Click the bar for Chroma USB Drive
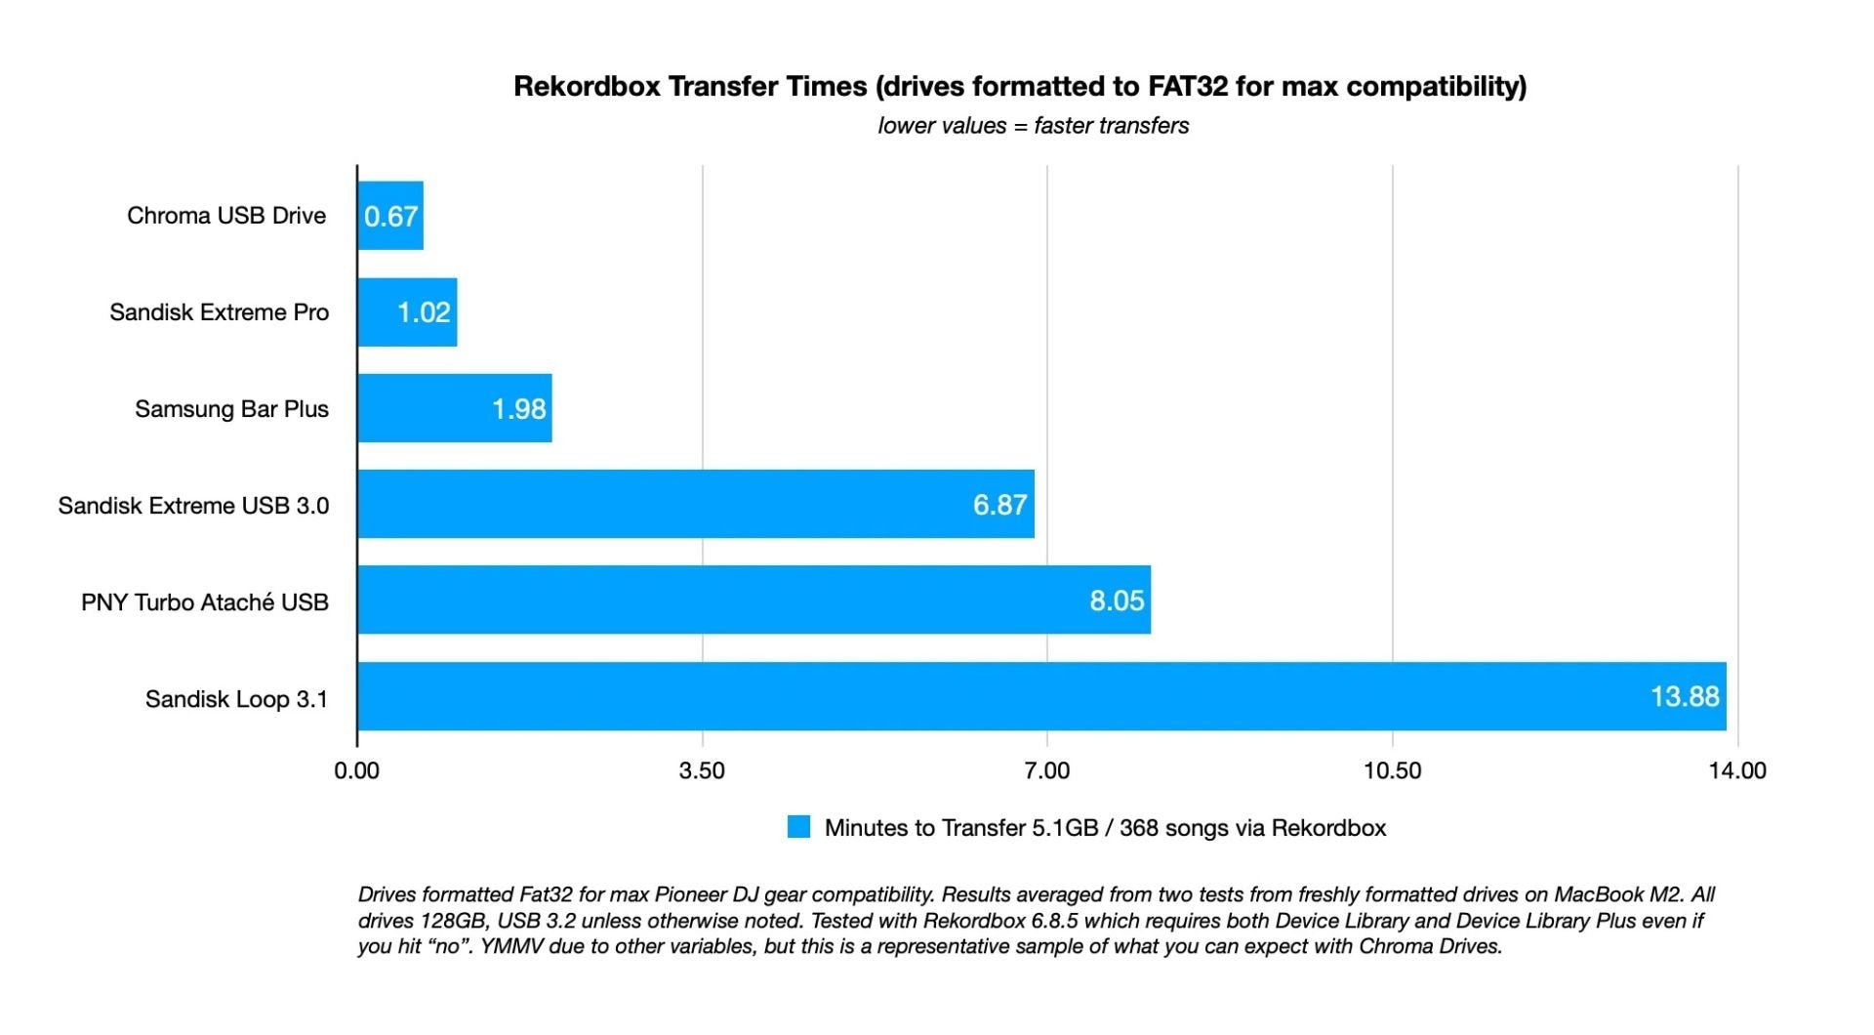(390, 216)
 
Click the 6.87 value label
(999, 505)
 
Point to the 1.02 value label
(424, 312)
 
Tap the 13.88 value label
(1684, 696)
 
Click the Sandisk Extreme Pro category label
(219, 312)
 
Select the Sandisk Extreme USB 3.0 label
(193, 506)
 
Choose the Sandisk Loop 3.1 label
(236, 699)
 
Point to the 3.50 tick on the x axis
(702, 770)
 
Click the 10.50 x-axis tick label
(1392, 770)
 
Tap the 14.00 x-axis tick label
(1736, 770)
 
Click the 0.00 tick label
(356, 770)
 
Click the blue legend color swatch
(798, 827)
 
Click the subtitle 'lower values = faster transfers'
(1033, 126)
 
